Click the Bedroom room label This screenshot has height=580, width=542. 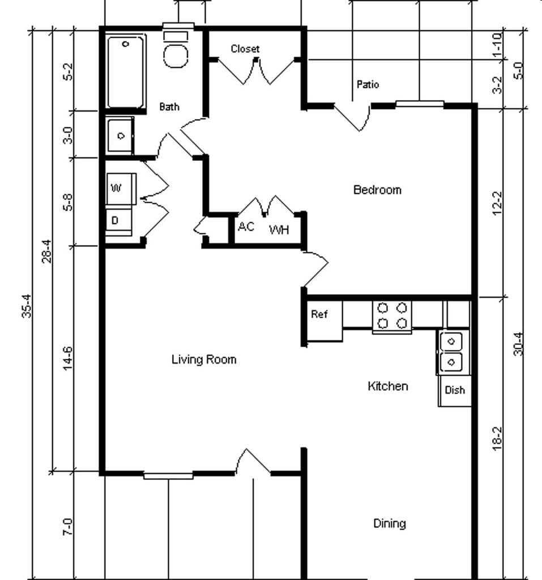(x=377, y=190)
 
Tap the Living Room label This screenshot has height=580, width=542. (x=204, y=360)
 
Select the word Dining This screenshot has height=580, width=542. (x=390, y=523)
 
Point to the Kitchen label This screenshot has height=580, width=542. (x=388, y=386)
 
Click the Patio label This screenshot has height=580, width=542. (x=368, y=84)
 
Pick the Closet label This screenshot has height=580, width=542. (x=245, y=49)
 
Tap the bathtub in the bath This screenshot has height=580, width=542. (x=126, y=71)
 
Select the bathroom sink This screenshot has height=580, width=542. (x=120, y=135)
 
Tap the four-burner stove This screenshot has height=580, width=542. (x=392, y=315)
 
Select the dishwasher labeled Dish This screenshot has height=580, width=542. (x=455, y=390)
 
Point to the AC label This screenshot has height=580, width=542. (x=246, y=227)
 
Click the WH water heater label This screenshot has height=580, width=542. (x=279, y=230)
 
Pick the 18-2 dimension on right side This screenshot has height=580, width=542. (x=498, y=437)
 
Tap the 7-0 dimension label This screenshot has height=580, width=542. (x=68, y=526)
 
